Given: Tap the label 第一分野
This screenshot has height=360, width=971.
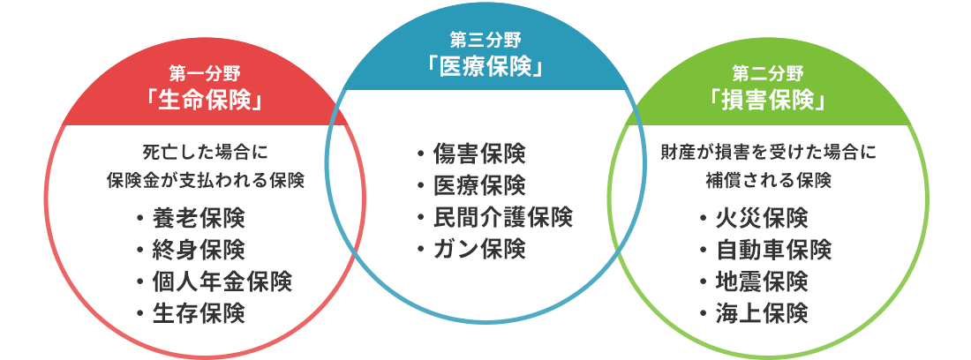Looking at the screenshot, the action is point(205,73).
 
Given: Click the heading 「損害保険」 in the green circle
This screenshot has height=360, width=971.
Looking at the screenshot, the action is point(768,99).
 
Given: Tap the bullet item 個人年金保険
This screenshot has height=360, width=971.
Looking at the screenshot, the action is point(215,281).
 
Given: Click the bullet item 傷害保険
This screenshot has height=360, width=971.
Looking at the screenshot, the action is point(471,154).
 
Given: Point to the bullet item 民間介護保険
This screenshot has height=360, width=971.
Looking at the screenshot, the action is point(495,218).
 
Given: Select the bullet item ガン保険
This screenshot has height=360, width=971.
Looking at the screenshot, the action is point(471,250).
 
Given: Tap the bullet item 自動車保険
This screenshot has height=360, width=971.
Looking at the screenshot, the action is point(765,250).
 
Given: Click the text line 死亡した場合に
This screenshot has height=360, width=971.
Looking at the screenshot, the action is point(205,152).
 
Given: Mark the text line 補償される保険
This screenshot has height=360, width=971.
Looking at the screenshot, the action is point(768,181).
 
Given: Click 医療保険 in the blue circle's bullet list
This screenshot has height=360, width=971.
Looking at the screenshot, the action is point(471,186).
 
